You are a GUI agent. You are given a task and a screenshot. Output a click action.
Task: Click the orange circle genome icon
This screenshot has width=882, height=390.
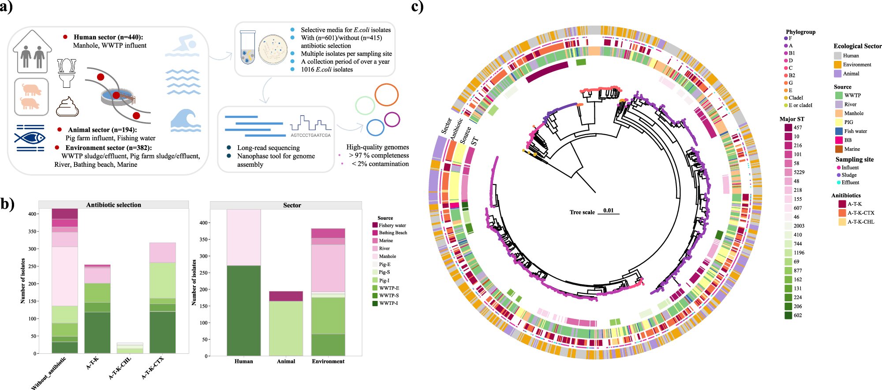(x=386, y=94)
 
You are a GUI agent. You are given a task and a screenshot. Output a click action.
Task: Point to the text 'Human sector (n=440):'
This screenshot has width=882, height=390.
(x=108, y=37)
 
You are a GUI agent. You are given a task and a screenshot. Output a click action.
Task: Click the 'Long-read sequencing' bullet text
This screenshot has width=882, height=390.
(x=268, y=148)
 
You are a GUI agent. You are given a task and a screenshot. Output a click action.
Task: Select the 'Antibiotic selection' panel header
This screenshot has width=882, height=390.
(x=113, y=205)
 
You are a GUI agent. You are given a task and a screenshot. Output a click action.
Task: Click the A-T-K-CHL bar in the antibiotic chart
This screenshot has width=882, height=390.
(x=130, y=348)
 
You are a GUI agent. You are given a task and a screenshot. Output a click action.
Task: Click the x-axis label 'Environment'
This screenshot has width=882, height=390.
(x=328, y=361)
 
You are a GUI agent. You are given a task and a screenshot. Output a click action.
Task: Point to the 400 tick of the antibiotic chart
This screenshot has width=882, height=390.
(x=33, y=214)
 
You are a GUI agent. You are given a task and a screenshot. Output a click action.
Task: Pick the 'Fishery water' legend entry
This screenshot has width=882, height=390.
(x=392, y=225)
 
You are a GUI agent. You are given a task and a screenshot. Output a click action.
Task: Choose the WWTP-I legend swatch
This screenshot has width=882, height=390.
(x=375, y=303)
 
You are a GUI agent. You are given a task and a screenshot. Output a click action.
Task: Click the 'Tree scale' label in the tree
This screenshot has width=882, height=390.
(x=582, y=212)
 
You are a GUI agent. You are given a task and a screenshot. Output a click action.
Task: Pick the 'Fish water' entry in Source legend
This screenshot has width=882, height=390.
(x=855, y=131)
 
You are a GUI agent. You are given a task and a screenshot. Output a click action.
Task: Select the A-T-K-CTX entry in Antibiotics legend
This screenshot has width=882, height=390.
(x=860, y=213)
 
